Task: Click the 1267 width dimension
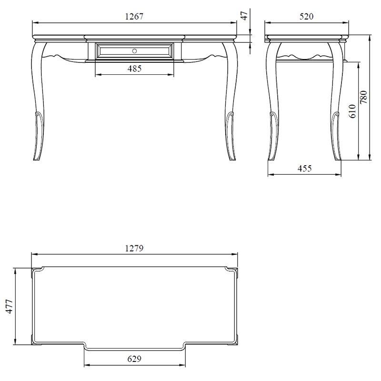(x=134, y=17)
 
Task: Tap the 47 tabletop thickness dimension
(x=245, y=16)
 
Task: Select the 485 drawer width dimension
(x=134, y=69)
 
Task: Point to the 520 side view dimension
(x=306, y=17)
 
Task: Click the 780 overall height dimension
(x=364, y=97)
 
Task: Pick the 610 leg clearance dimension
(x=352, y=111)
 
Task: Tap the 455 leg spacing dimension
(x=304, y=169)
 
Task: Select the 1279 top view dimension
(x=134, y=248)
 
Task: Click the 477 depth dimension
(x=9, y=306)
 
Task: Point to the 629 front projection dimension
(x=134, y=359)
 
